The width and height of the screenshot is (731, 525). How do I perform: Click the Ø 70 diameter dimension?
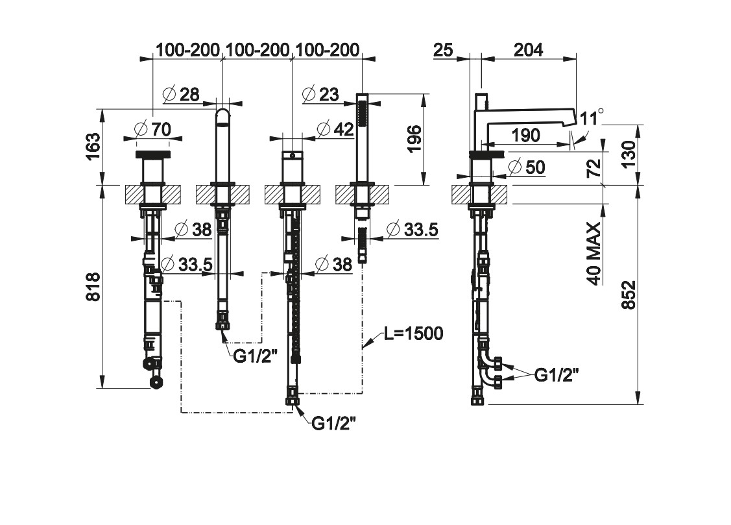[x=152, y=129]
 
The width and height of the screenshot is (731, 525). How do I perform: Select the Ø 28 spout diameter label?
[x=181, y=95]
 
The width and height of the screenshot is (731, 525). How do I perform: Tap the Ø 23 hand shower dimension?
[x=320, y=95]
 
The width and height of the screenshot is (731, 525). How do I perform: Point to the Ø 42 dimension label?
[x=335, y=129]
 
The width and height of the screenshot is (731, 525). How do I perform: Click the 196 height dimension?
[x=414, y=139]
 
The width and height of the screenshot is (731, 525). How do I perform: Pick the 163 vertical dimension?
[x=93, y=147]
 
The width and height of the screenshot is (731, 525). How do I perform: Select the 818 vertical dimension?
[x=93, y=286]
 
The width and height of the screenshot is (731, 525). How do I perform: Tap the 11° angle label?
[x=592, y=118]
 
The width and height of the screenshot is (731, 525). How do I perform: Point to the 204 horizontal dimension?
[x=528, y=49]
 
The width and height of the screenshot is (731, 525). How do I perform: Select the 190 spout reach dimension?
[x=525, y=136]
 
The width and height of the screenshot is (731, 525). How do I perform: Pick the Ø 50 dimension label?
[x=527, y=167]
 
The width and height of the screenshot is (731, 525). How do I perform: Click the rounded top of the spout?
[x=222, y=116]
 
